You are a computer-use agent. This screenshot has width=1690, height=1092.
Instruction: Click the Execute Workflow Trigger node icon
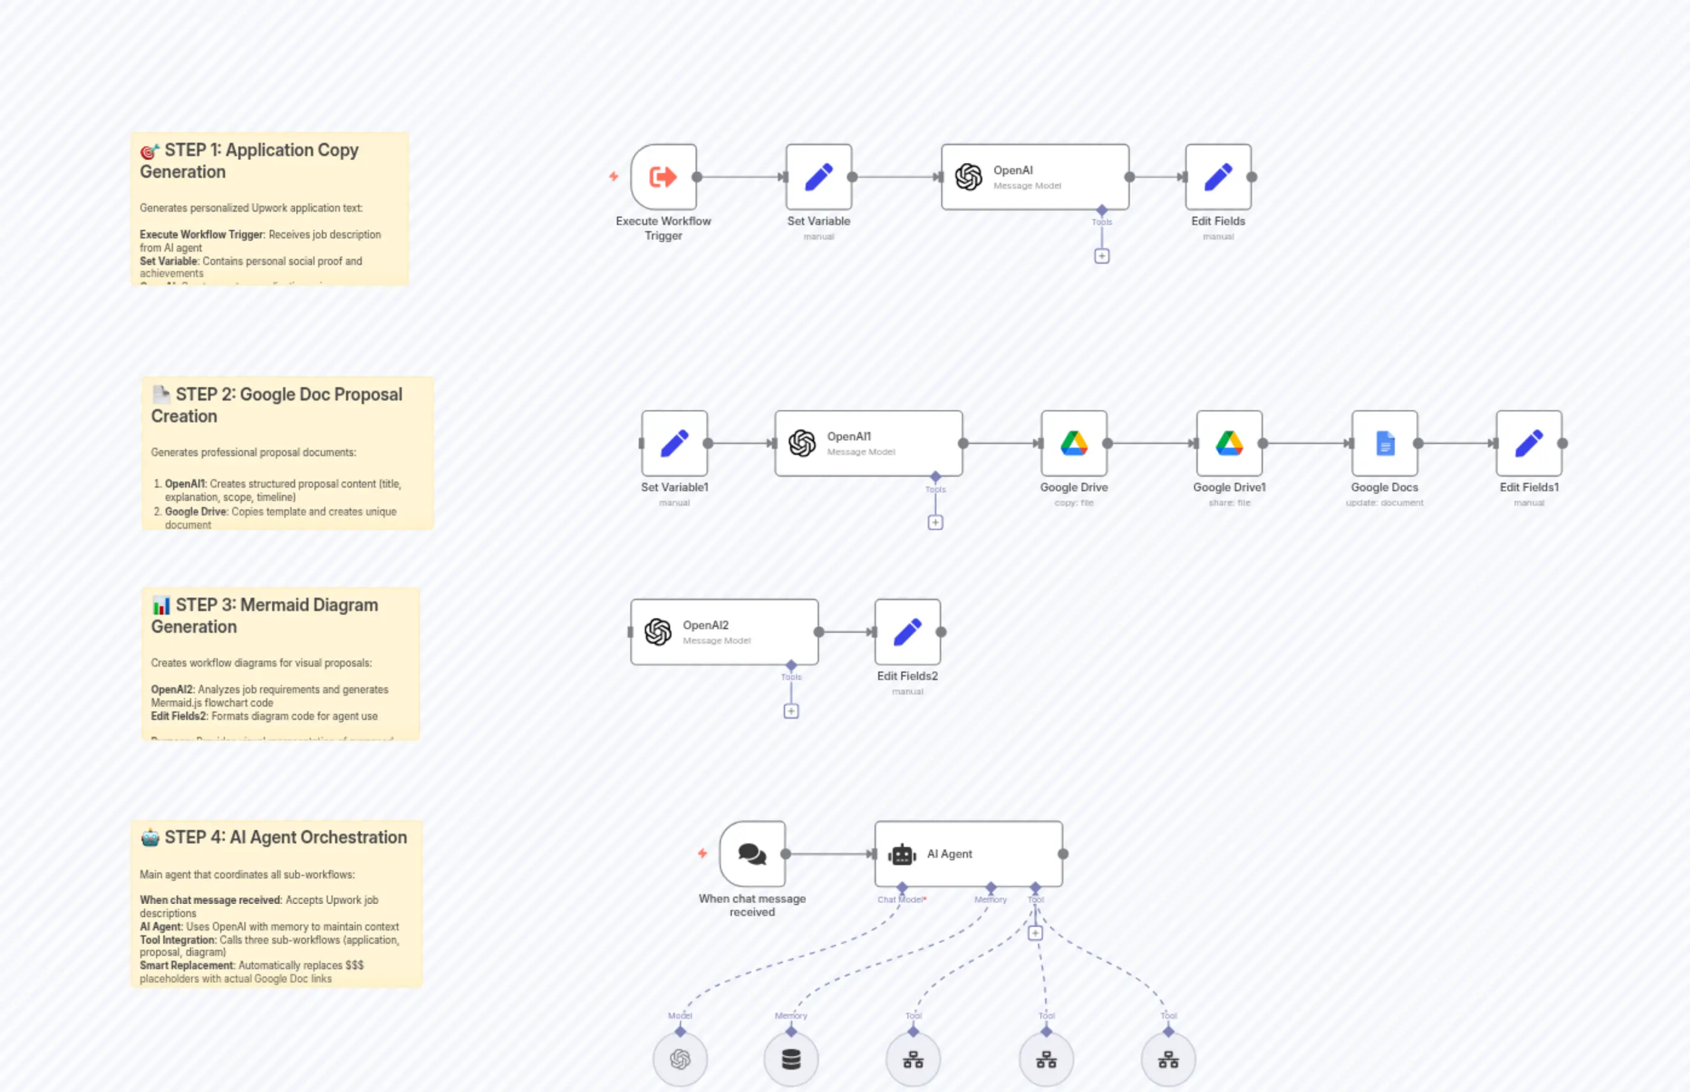[x=663, y=177]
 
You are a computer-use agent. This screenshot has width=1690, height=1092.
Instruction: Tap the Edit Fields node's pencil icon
[x=1218, y=177]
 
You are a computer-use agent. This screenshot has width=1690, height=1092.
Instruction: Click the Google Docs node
[x=1384, y=443]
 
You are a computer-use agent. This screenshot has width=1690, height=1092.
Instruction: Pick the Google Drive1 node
[x=1228, y=443]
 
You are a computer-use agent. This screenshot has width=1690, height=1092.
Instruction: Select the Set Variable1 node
[x=674, y=443]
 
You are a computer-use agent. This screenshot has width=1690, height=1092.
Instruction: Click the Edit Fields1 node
[x=1529, y=443]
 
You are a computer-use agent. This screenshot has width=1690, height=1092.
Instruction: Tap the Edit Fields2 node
[x=907, y=632]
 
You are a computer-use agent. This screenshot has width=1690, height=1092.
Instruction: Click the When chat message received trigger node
[x=752, y=854]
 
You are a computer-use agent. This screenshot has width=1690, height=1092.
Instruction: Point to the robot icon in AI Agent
[x=902, y=854]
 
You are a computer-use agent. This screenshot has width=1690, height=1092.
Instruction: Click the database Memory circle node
[x=791, y=1059]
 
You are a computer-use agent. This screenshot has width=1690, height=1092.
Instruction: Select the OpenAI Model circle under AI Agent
[x=680, y=1059]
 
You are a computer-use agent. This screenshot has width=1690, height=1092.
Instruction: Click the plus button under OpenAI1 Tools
[x=935, y=523]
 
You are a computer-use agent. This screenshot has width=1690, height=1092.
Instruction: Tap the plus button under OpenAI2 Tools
[x=791, y=711]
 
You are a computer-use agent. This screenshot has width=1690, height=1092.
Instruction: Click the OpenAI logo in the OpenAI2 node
[x=658, y=632]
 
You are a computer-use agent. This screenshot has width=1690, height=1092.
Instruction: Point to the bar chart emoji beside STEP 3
[x=161, y=606]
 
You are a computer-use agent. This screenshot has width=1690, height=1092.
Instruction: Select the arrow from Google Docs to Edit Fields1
[x=1457, y=443]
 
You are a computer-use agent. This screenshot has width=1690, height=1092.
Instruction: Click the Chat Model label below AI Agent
[x=900, y=900]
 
